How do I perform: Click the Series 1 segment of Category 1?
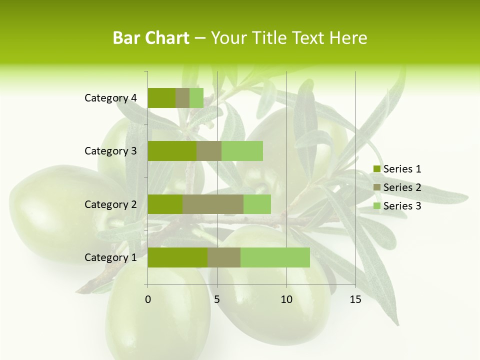[x=177, y=257]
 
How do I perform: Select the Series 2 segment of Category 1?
[x=224, y=257]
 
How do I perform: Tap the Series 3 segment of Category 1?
[x=275, y=257]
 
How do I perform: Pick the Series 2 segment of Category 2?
[x=213, y=204]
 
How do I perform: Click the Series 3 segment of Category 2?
[x=257, y=204]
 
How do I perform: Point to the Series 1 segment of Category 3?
[x=172, y=151]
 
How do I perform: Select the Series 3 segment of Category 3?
[x=242, y=151]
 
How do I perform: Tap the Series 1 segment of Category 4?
[x=161, y=98]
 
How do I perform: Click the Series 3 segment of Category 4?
[x=196, y=98]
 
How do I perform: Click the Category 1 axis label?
[x=110, y=257]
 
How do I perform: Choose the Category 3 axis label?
[x=110, y=151]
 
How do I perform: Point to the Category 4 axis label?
[x=110, y=98]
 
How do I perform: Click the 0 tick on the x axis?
[x=148, y=299]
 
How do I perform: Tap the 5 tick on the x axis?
[x=217, y=299]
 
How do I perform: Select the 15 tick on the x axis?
[x=355, y=299]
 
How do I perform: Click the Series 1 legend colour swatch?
[x=377, y=169]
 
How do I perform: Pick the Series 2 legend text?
[x=402, y=187]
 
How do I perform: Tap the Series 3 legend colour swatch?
[x=377, y=206]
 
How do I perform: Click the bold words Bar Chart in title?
[x=151, y=38]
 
